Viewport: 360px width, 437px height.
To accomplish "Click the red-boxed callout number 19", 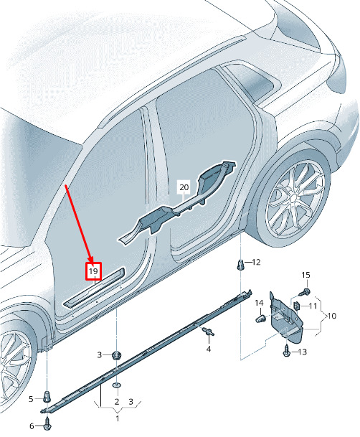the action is [x=93, y=271].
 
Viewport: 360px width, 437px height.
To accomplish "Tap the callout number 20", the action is [x=184, y=187].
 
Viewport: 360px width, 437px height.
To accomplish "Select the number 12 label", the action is [x=256, y=262].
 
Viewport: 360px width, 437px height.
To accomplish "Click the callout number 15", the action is [x=305, y=275].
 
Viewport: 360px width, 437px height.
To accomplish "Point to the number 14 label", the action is [x=259, y=303].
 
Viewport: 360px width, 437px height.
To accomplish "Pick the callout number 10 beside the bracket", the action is [x=331, y=316].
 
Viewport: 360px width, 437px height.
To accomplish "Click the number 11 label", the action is [x=313, y=306].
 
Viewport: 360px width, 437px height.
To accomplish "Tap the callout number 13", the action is [x=303, y=352].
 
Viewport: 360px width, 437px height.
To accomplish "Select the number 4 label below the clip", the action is [x=209, y=348].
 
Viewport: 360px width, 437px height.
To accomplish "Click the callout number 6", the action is [x=32, y=426].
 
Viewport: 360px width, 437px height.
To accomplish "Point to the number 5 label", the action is [x=31, y=399].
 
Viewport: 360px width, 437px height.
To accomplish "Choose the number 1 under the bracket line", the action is [x=118, y=418].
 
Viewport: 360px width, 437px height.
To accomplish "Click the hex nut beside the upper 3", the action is [x=115, y=356].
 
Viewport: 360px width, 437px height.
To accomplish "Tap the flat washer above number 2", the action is [x=117, y=385].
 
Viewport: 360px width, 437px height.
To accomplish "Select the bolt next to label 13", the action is [x=287, y=350].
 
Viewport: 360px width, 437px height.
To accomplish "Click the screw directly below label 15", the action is [x=305, y=292].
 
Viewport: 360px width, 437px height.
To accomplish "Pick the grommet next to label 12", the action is [x=240, y=265].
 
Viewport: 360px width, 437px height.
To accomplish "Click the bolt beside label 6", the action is [x=47, y=426].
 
